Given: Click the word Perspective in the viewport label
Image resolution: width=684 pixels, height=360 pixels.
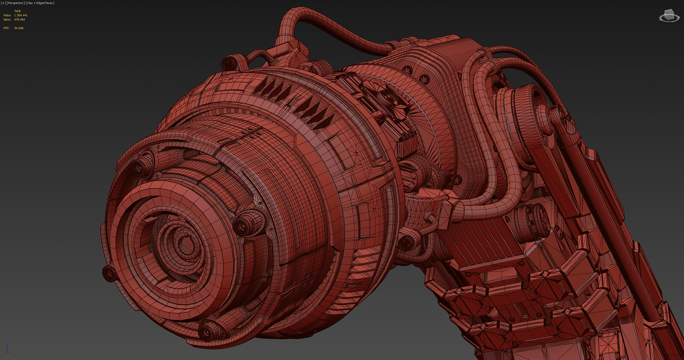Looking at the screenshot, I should (16, 3).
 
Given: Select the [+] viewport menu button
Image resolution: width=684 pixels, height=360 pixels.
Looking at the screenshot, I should (3, 3).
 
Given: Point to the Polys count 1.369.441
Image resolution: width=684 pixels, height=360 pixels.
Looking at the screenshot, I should (21, 15).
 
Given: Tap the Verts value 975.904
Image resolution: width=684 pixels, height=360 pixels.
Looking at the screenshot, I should (20, 20).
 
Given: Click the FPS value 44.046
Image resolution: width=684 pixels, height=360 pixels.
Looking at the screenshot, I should (19, 28).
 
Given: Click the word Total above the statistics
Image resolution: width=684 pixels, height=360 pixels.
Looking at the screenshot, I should (18, 11).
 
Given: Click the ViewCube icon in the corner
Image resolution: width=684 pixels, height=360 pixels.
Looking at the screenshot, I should (669, 16).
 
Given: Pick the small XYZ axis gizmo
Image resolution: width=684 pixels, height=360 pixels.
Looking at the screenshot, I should (9, 350).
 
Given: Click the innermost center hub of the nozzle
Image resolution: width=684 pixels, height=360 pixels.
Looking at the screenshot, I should (186, 246).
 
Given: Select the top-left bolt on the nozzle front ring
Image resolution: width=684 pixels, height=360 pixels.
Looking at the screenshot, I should (142, 168).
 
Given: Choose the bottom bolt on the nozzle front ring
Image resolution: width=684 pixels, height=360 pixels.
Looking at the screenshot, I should (210, 330).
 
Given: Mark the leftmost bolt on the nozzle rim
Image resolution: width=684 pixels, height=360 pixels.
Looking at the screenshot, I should (109, 273).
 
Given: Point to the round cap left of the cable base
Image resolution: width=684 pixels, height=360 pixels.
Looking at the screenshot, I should (230, 63).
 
